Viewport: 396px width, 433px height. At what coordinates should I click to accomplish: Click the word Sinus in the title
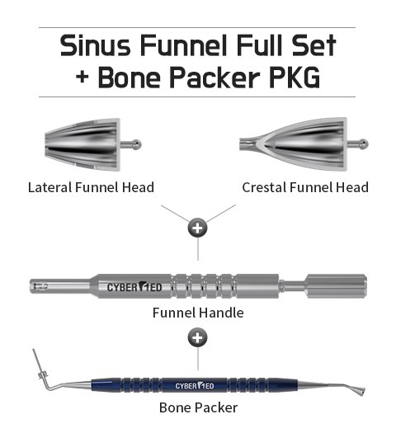(x=95, y=45)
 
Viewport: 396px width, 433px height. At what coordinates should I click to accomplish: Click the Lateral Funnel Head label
(x=91, y=187)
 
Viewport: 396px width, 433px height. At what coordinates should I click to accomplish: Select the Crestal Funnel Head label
(x=305, y=187)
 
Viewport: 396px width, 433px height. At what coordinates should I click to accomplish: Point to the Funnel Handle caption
(x=198, y=313)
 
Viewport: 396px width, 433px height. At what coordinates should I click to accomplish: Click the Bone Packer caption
(x=198, y=407)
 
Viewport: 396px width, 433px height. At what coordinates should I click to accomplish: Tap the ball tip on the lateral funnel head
(x=136, y=144)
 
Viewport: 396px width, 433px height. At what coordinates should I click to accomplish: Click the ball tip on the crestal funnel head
(x=364, y=144)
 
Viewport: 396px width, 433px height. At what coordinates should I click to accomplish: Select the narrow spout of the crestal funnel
(x=247, y=144)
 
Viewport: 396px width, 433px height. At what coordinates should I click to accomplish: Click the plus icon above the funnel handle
(x=197, y=228)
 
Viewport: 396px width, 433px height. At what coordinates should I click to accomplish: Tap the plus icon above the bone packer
(x=197, y=337)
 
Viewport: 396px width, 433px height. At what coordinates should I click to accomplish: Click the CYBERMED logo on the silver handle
(x=134, y=287)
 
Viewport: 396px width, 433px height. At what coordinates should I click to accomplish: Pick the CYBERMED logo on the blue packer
(x=195, y=385)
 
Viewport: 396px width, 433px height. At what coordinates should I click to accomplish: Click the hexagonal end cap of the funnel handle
(x=337, y=286)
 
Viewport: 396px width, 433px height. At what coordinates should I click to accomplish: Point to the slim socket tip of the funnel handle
(x=61, y=286)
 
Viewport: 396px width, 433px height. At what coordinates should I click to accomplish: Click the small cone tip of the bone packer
(x=357, y=390)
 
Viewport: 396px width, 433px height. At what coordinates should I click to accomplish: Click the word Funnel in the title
(x=184, y=45)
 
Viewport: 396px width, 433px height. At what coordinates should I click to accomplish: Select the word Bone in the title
(x=129, y=78)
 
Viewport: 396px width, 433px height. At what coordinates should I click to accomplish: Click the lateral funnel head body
(x=82, y=144)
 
